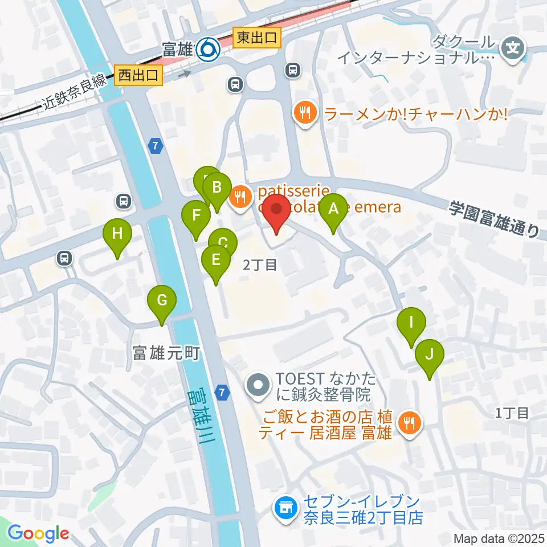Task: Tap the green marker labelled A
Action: [333, 210]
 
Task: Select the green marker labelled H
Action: [117, 235]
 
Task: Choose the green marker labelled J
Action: [430, 356]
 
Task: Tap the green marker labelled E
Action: [216, 261]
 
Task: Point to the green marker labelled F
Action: [196, 217]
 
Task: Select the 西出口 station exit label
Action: [139, 75]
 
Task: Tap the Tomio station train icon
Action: [207, 51]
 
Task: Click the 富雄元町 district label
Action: [165, 353]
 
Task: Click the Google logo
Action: [38, 533]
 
